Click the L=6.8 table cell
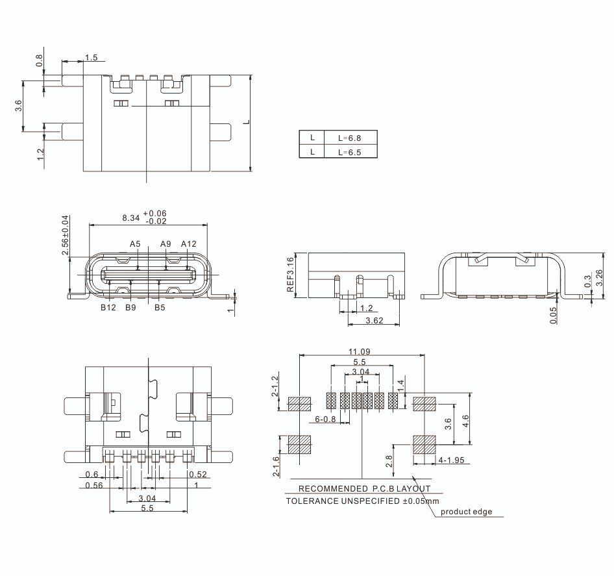pyautogui.click(x=350, y=138)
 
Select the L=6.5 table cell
pyautogui.click(x=350, y=152)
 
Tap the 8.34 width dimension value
pyautogui.click(x=131, y=218)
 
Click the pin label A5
pyautogui.click(x=135, y=244)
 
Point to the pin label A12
pyautogui.click(x=189, y=244)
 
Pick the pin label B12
pyautogui.click(x=108, y=308)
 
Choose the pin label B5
pyautogui.click(x=160, y=308)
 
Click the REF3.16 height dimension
pyautogui.click(x=290, y=274)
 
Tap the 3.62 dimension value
pyautogui.click(x=375, y=321)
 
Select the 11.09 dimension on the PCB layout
pyautogui.click(x=360, y=352)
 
